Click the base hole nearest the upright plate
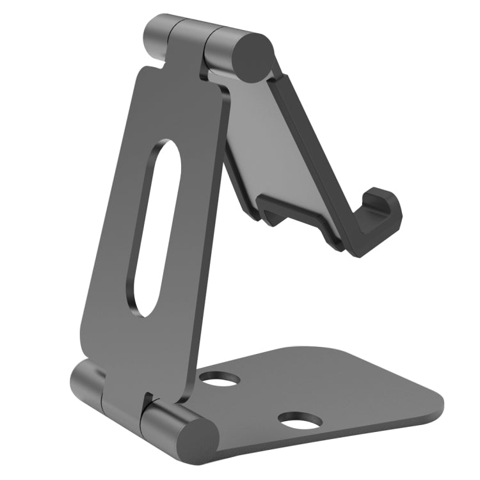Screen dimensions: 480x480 [x=220, y=380]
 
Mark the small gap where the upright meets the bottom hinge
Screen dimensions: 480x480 [x=149, y=399]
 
